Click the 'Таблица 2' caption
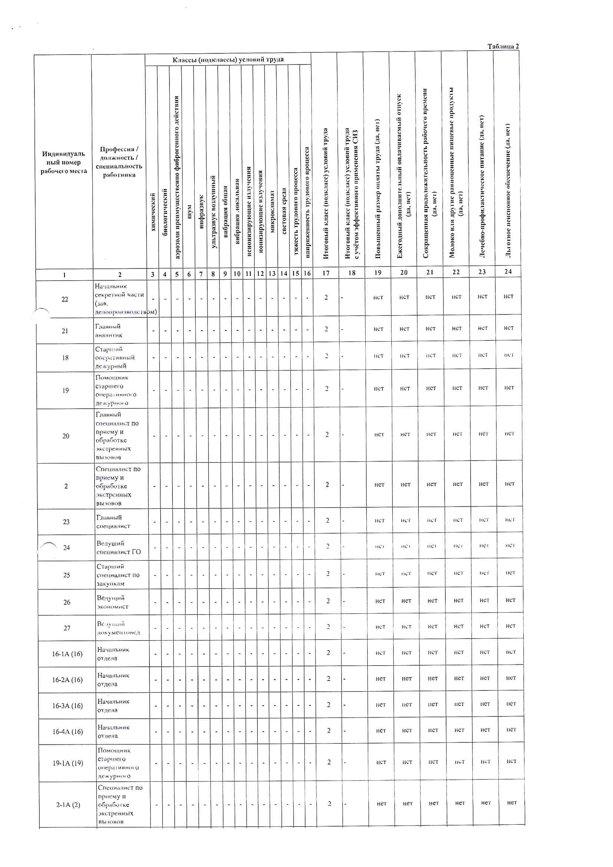pos(503,46)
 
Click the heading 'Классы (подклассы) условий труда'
pos(228,60)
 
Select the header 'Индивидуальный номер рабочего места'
pos(63,162)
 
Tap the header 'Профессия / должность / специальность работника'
pos(119,162)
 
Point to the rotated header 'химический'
pos(152,212)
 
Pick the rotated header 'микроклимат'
pos(272,211)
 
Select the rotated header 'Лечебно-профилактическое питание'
pos(482,187)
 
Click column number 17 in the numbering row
pos(326,273)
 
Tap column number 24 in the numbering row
pos(508,271)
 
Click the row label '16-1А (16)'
pos(67,654)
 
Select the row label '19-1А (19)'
pos(68,763)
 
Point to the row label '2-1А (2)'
pos(68,805)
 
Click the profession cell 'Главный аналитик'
pos(109,330)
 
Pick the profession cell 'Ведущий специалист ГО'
pos(118,548)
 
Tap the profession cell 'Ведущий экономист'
pos(113,602)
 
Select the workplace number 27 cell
pos(67,628)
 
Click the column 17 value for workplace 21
pos(326,329)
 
